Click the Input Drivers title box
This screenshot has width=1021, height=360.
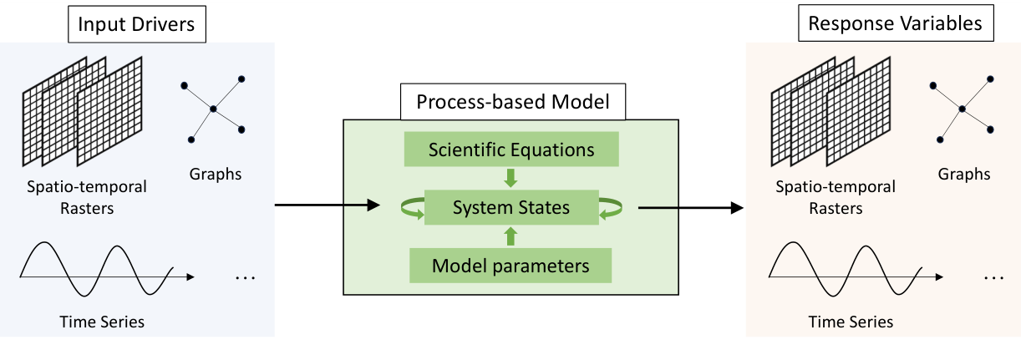(136, 23)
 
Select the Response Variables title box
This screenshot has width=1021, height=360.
(895, 23)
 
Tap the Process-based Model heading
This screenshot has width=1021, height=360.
(513, 102)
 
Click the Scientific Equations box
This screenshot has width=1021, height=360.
(511, 150)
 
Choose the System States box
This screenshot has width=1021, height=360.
(511, 208)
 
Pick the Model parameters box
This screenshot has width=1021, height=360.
(510, 266)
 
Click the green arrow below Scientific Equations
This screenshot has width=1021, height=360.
(511, 178)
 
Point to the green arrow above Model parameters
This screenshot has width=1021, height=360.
(511, 237)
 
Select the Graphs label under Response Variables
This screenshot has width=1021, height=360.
(964, 175)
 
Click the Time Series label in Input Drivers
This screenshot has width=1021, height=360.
(102, 322)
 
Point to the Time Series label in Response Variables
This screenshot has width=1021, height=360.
(851, 322)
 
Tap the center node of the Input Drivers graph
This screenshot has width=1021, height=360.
(213, 109)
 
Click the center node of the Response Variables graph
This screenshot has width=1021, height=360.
(962, 109)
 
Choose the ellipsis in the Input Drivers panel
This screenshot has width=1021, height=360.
(245, 277)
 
